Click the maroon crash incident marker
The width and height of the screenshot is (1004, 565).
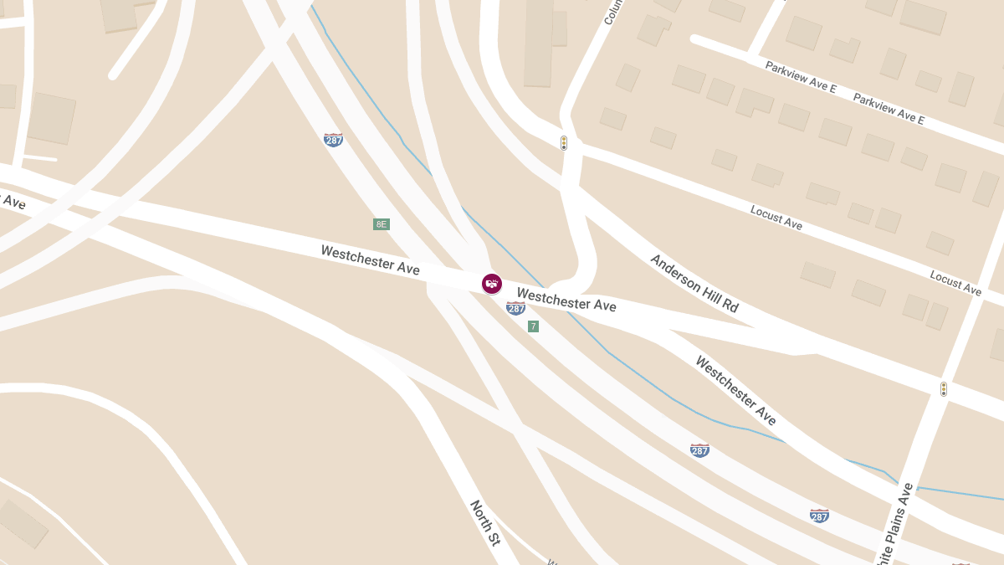pyautogui.click(x=492, y=284)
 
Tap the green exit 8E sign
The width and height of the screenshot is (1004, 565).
pyautogui.click(x=382, y=224)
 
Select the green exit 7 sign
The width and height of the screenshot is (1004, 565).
pyautogui.click(x=533, y=326)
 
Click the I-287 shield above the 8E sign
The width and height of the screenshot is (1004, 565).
pyautogui.click(x=333, y=140)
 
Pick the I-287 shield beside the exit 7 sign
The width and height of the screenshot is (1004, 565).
pyautogui.click(x=515, y=308)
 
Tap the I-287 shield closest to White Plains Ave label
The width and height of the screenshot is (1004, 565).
pyautogui.click(x=819, y=516)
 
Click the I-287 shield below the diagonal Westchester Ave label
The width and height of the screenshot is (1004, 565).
pyautogui.click(x=699, y=450)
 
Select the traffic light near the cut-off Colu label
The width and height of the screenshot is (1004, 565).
pyautogui.click(x=564, y=143)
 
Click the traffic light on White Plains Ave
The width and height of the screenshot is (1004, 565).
pyautogui.click(x=943, y=389)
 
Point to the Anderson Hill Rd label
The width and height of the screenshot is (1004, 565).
pyautogui.click(x=694, y=284)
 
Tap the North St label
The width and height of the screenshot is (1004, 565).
pyautogui.click(x=484, y=523)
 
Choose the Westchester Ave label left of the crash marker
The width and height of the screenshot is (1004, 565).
pyautogui.click(x=370, y=259)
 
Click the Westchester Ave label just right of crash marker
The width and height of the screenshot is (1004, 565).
pyautogui.click(x=566, y=300)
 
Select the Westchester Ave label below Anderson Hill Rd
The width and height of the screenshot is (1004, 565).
pyautogui.click(x=735, y=391)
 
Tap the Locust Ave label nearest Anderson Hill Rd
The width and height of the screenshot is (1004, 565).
pyautogui.click(x=776, y=218)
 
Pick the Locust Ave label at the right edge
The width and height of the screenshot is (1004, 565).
pyautogui.click(x=955, y=283)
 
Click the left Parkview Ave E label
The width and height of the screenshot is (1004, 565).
pyautogui.click(x=801, y=76)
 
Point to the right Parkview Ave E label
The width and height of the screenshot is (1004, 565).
pyautogui.click(x=889, y=109)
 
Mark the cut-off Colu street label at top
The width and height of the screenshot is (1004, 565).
pyautogui.click(x=609, y=12)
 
